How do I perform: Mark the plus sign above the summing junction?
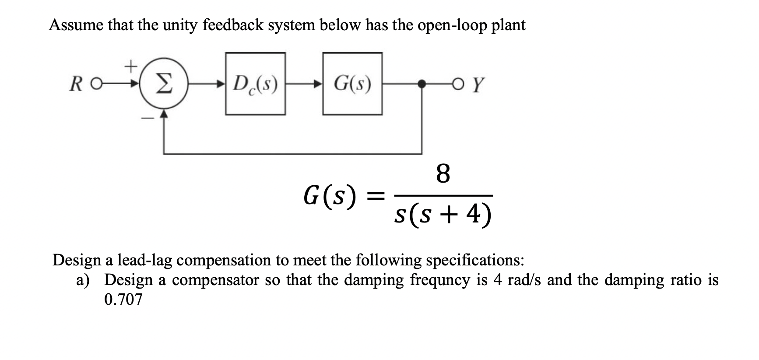pos(130,66)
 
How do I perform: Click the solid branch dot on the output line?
pos(422,85)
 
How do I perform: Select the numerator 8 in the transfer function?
pos(443,174)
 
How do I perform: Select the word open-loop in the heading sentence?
pos(450,26)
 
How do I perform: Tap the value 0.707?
pos(123,300)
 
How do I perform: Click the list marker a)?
pos(83,280)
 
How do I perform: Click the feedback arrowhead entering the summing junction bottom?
pos(164,115)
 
